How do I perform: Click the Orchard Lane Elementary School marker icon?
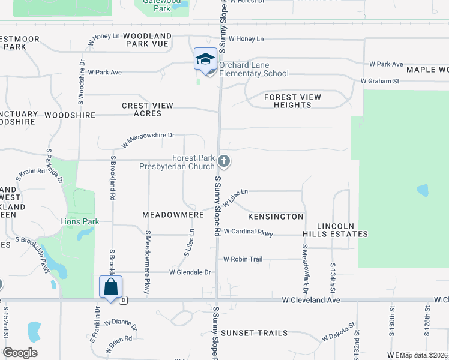205,59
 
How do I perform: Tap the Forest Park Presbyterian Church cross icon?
224,161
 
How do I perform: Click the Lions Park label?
80,221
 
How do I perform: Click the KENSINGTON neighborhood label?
276,216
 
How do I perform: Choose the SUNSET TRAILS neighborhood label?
254,333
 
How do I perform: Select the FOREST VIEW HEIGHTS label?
293,101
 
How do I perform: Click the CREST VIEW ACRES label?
148,109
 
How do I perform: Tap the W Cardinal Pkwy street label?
248,232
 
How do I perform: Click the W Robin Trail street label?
243,259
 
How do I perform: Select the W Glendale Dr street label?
190,272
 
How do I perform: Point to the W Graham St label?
380,81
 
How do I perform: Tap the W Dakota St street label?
339,333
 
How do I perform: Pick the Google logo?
20,353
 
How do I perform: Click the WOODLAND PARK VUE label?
148,40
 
